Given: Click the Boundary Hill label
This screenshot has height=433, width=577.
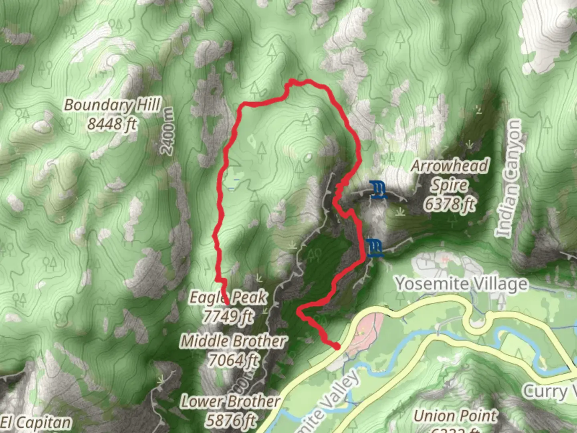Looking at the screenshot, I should tap(112, 105).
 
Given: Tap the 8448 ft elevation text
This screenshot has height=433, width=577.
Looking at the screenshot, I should tap(112, 124).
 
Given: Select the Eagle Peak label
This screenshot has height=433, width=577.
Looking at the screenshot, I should tap(228, 297).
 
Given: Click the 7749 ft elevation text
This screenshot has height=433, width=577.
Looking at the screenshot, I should tap(228, 316).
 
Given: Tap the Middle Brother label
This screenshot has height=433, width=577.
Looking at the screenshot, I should tap(233, 341).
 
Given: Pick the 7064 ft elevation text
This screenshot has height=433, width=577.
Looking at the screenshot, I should tap(233, 360).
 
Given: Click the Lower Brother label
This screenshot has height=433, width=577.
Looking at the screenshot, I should tap(230, 401).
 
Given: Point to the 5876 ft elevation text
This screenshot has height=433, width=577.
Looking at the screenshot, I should tap(230, 420).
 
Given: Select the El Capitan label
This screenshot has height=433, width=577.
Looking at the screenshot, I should tap(36, 423).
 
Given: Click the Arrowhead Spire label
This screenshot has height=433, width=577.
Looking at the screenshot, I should tap(450, 176).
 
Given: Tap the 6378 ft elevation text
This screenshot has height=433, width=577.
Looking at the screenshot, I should tap(450, 204).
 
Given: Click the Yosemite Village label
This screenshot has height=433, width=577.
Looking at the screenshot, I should tap(462, 284).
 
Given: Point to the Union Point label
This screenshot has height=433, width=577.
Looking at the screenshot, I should tap(456, 416).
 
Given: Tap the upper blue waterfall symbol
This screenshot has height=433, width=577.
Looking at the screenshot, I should tap(378, 190).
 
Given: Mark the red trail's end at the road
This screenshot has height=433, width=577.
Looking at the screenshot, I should tap(337, 346).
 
